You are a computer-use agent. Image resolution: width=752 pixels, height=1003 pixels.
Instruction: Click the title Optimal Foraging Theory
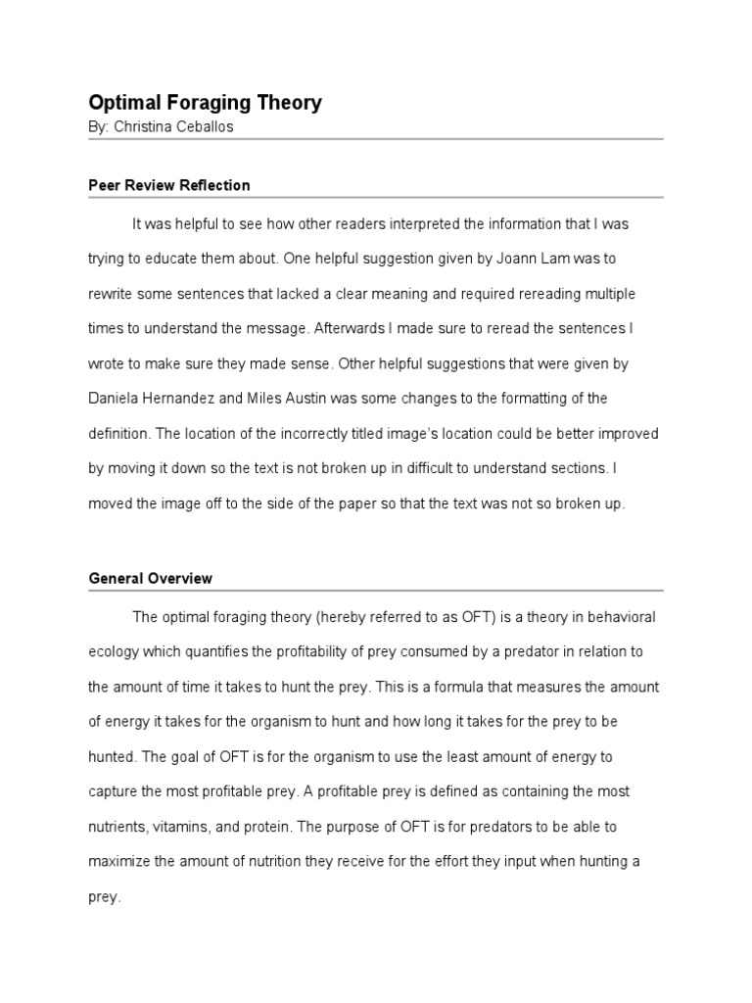coord(205,103)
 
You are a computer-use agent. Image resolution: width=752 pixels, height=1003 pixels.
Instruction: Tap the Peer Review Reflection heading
coord(169,185)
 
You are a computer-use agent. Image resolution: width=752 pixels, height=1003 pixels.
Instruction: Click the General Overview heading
coord(151,579)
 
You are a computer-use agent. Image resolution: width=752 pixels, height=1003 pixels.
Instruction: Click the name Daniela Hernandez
coord(151,399)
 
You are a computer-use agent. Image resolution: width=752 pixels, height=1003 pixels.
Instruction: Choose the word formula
coord(430,687)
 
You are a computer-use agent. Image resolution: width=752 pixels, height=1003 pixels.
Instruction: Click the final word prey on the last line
coord(103,896)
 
